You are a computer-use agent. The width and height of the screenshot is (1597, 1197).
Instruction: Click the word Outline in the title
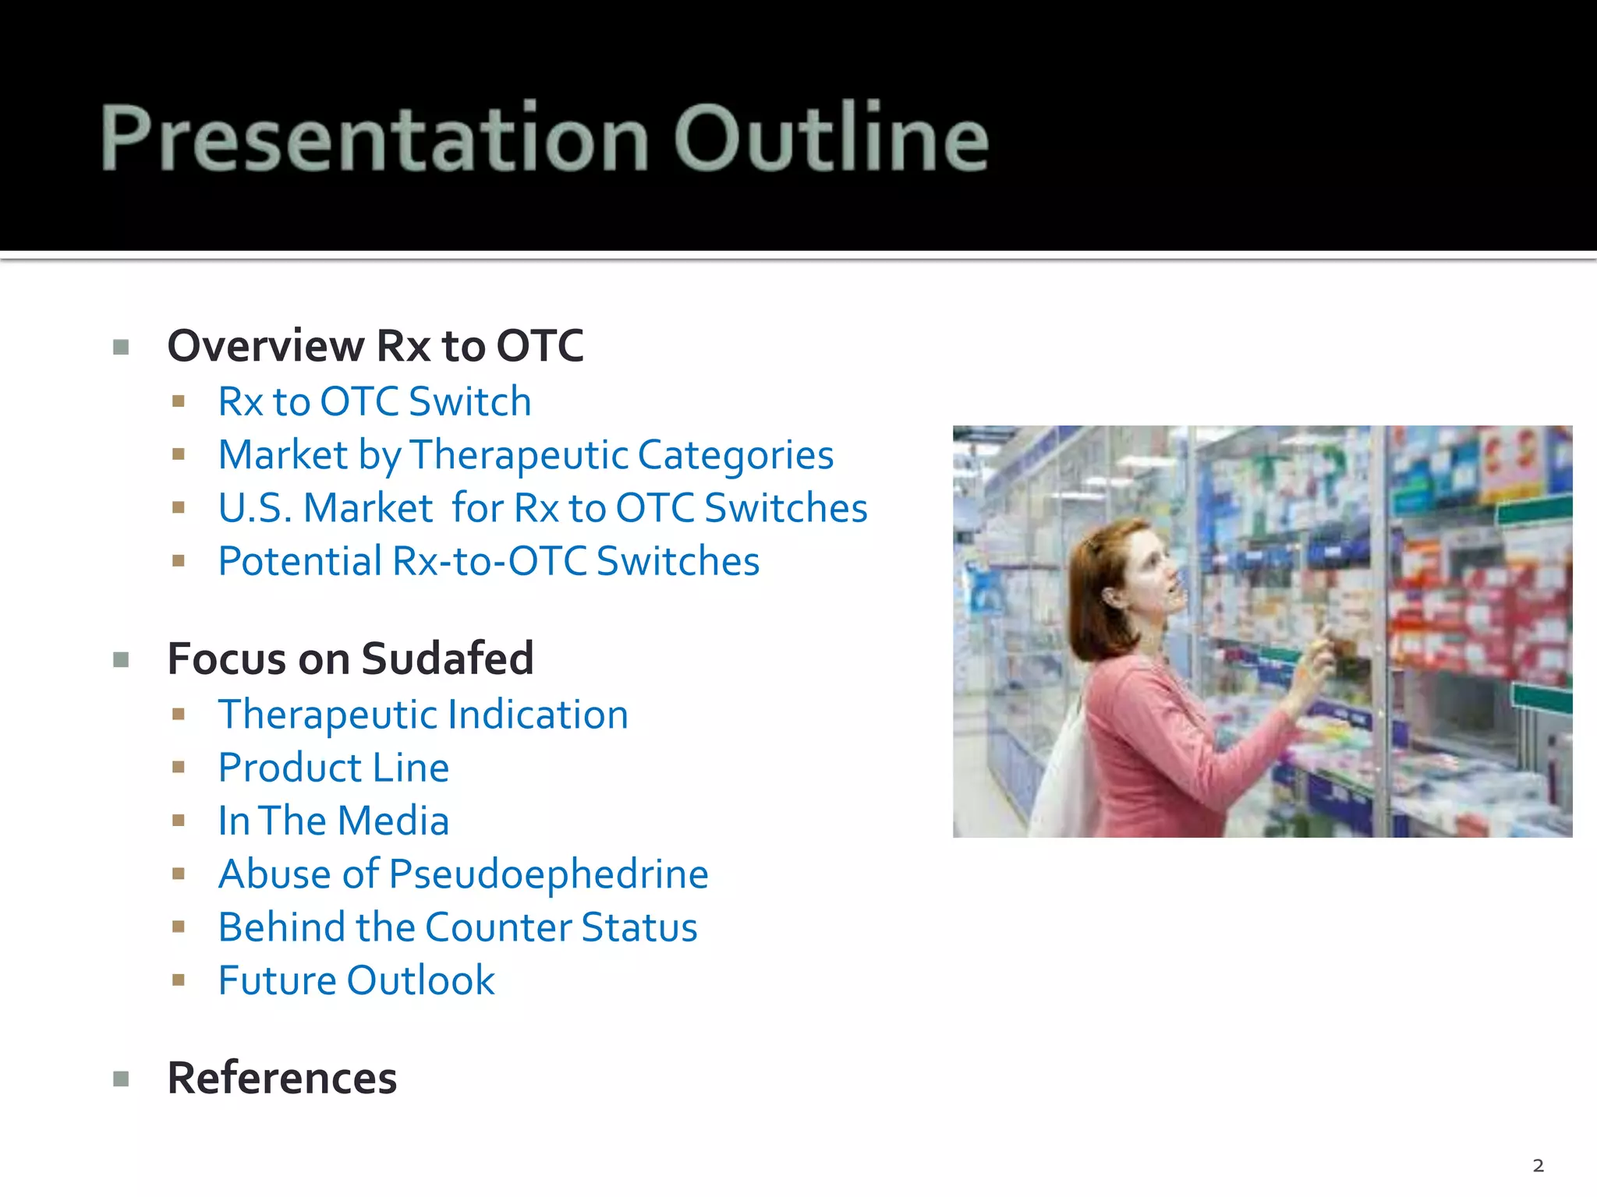pos(831,138)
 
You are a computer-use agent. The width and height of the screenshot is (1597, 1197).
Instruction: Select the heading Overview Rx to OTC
pos(375,346)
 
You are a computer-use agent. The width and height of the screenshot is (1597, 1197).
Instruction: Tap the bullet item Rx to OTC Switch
pos(374,402)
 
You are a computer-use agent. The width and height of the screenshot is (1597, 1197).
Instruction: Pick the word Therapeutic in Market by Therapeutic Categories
pos(518,455)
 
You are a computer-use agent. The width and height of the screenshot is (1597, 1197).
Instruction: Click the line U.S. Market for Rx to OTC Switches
pos(542,508)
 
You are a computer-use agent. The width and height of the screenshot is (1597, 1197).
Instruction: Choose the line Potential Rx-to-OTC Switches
pos(488,561)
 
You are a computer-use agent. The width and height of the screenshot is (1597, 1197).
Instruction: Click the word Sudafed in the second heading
pos(447,659)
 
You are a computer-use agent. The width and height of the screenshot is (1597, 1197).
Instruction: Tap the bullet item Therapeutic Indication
pos(423,715)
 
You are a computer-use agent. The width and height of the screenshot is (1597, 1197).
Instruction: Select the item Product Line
pos(334,768)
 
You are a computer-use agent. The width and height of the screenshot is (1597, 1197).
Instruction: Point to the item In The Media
pos(334,821)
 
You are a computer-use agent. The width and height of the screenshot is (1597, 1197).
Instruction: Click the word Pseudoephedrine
pos(548,874)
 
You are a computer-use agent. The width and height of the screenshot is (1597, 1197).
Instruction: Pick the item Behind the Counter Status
pos(458,927)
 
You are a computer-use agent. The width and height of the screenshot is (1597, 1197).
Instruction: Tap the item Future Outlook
pos(356,980)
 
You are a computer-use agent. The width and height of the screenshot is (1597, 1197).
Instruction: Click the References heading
pos(282,1079)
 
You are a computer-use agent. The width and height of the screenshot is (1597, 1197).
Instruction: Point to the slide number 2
pos(1538,1166)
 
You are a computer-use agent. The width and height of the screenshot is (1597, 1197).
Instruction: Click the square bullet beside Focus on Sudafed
pos(121,661)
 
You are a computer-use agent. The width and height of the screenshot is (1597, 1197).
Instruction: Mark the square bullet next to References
pos(121,1079)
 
